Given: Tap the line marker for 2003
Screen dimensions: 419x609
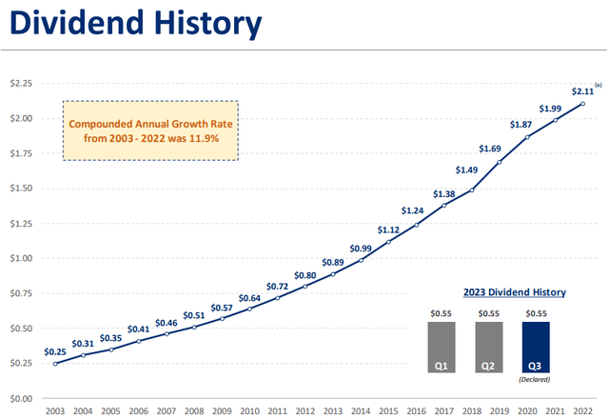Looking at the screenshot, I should click(x=54, y=364).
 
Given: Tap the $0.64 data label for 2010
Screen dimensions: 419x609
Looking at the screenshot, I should click(x=249, y=296).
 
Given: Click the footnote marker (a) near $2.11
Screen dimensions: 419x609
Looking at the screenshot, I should click(x=599, y=86).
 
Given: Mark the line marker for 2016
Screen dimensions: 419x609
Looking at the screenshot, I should click(x=417, y=225).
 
